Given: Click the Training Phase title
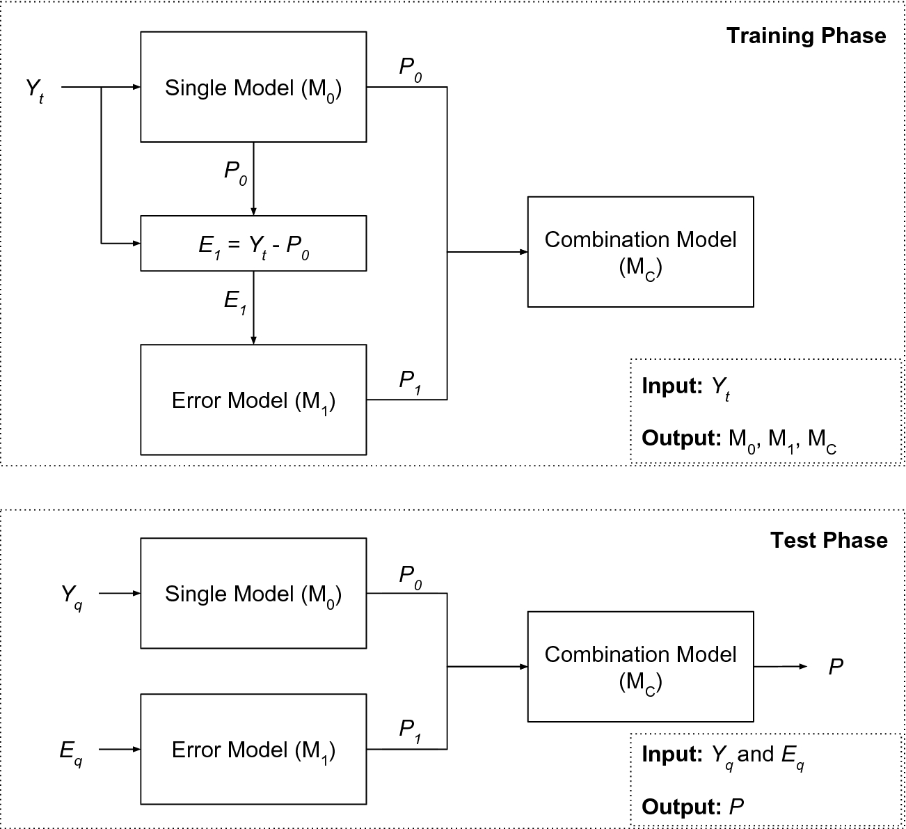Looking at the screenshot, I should (806, 36).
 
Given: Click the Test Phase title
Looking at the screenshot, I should (828, 541).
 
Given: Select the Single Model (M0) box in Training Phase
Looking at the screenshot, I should (253, 87).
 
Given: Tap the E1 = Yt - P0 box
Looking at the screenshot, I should (253, 244).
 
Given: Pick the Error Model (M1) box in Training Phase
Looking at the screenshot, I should (253, 400).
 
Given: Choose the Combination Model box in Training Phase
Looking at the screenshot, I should (640, 252).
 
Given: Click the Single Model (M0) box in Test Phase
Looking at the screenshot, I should (253, 594).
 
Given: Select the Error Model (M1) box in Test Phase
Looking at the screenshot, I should (253, 750).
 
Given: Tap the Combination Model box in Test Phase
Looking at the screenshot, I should (640, 667).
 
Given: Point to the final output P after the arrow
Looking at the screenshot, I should (836, 667).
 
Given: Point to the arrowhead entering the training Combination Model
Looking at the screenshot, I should (523, 252).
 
